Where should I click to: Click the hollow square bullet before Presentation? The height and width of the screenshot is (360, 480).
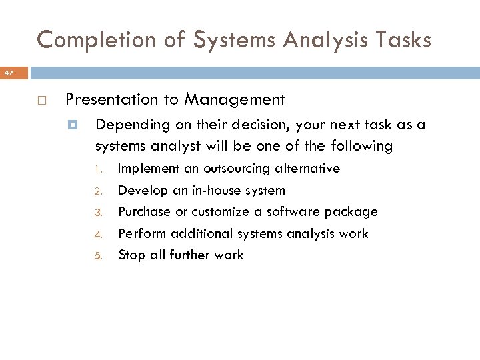click(41, 101)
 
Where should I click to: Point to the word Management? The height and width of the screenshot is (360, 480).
click(235, 100)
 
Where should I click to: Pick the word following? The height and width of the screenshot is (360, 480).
click(361, 145)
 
